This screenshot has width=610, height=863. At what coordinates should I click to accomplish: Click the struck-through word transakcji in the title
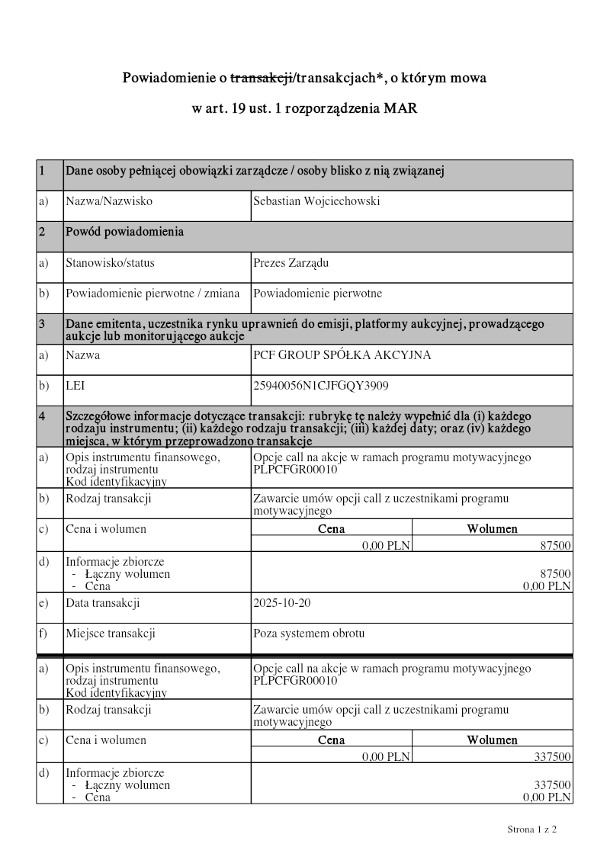pos(262,78)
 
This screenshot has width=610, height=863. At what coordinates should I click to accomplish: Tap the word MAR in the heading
pos(400,108)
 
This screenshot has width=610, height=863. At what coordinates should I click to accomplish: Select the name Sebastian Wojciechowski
pos(316,201)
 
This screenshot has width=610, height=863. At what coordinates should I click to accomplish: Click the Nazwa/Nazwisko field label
pos(109,201)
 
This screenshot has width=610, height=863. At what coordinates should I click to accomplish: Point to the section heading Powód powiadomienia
pos(124,232)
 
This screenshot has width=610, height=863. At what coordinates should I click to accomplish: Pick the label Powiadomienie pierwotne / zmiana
pos(152,294)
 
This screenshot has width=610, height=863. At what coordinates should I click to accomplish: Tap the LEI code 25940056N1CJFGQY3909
pos(320,386)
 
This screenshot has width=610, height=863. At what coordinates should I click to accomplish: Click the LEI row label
pos(75,386)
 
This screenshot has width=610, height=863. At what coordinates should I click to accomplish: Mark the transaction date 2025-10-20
pos(281,603)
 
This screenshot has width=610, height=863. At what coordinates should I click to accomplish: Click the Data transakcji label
pos(103,603)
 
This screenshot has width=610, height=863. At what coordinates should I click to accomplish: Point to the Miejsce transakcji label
pos(111,634)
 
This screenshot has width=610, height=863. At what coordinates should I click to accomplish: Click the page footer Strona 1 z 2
pos(532,829)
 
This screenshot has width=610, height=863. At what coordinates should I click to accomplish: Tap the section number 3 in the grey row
pos(42,324)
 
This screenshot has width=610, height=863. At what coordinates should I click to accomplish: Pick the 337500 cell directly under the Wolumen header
pos(552,756)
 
